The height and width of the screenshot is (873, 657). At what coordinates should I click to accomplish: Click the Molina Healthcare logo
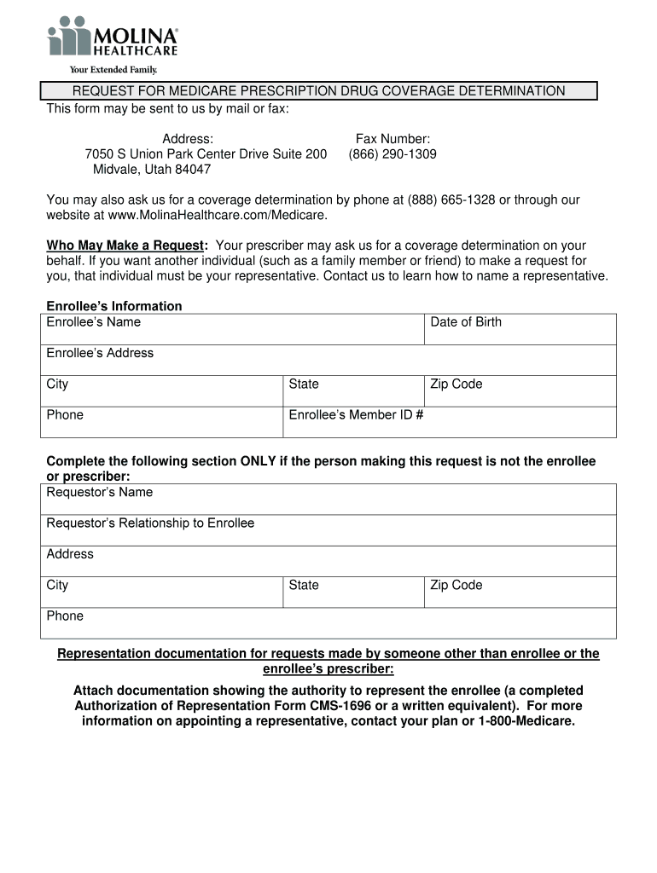pyautogui.click(x=113, y=38)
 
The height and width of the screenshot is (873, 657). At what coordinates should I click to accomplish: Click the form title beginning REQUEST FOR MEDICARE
pyautogui.click(x=318, y=91)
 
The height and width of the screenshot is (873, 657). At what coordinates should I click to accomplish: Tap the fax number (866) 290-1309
pyautogui.click(x=392, y=154)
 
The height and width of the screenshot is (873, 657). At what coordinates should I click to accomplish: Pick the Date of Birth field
pyautogui.click(x=520, y=330)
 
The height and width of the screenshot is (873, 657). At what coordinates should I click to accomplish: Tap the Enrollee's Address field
pyautogui.click(x=328, y=361)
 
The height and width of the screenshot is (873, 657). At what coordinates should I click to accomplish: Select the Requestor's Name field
pyautogui.click(x=328, y=500)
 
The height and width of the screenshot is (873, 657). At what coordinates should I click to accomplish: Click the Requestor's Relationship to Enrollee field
pyautogui.click(x=328, y=530)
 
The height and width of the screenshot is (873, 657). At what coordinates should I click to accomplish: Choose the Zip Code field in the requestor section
pyautogui.click(x=520, y=593)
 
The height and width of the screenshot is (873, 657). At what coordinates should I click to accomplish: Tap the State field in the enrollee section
pyautogui.click(x=353, y=391)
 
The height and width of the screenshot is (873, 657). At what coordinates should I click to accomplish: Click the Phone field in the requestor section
pyautogui.click(x=328, y=623)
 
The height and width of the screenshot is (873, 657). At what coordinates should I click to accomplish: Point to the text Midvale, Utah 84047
pyautogui.click(x=152, y=170)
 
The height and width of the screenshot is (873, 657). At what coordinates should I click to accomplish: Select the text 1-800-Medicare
pyautogui.click(x=526, y=721)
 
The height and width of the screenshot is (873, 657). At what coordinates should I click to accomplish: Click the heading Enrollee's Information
pyautogui.click(x=114, y=306)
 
